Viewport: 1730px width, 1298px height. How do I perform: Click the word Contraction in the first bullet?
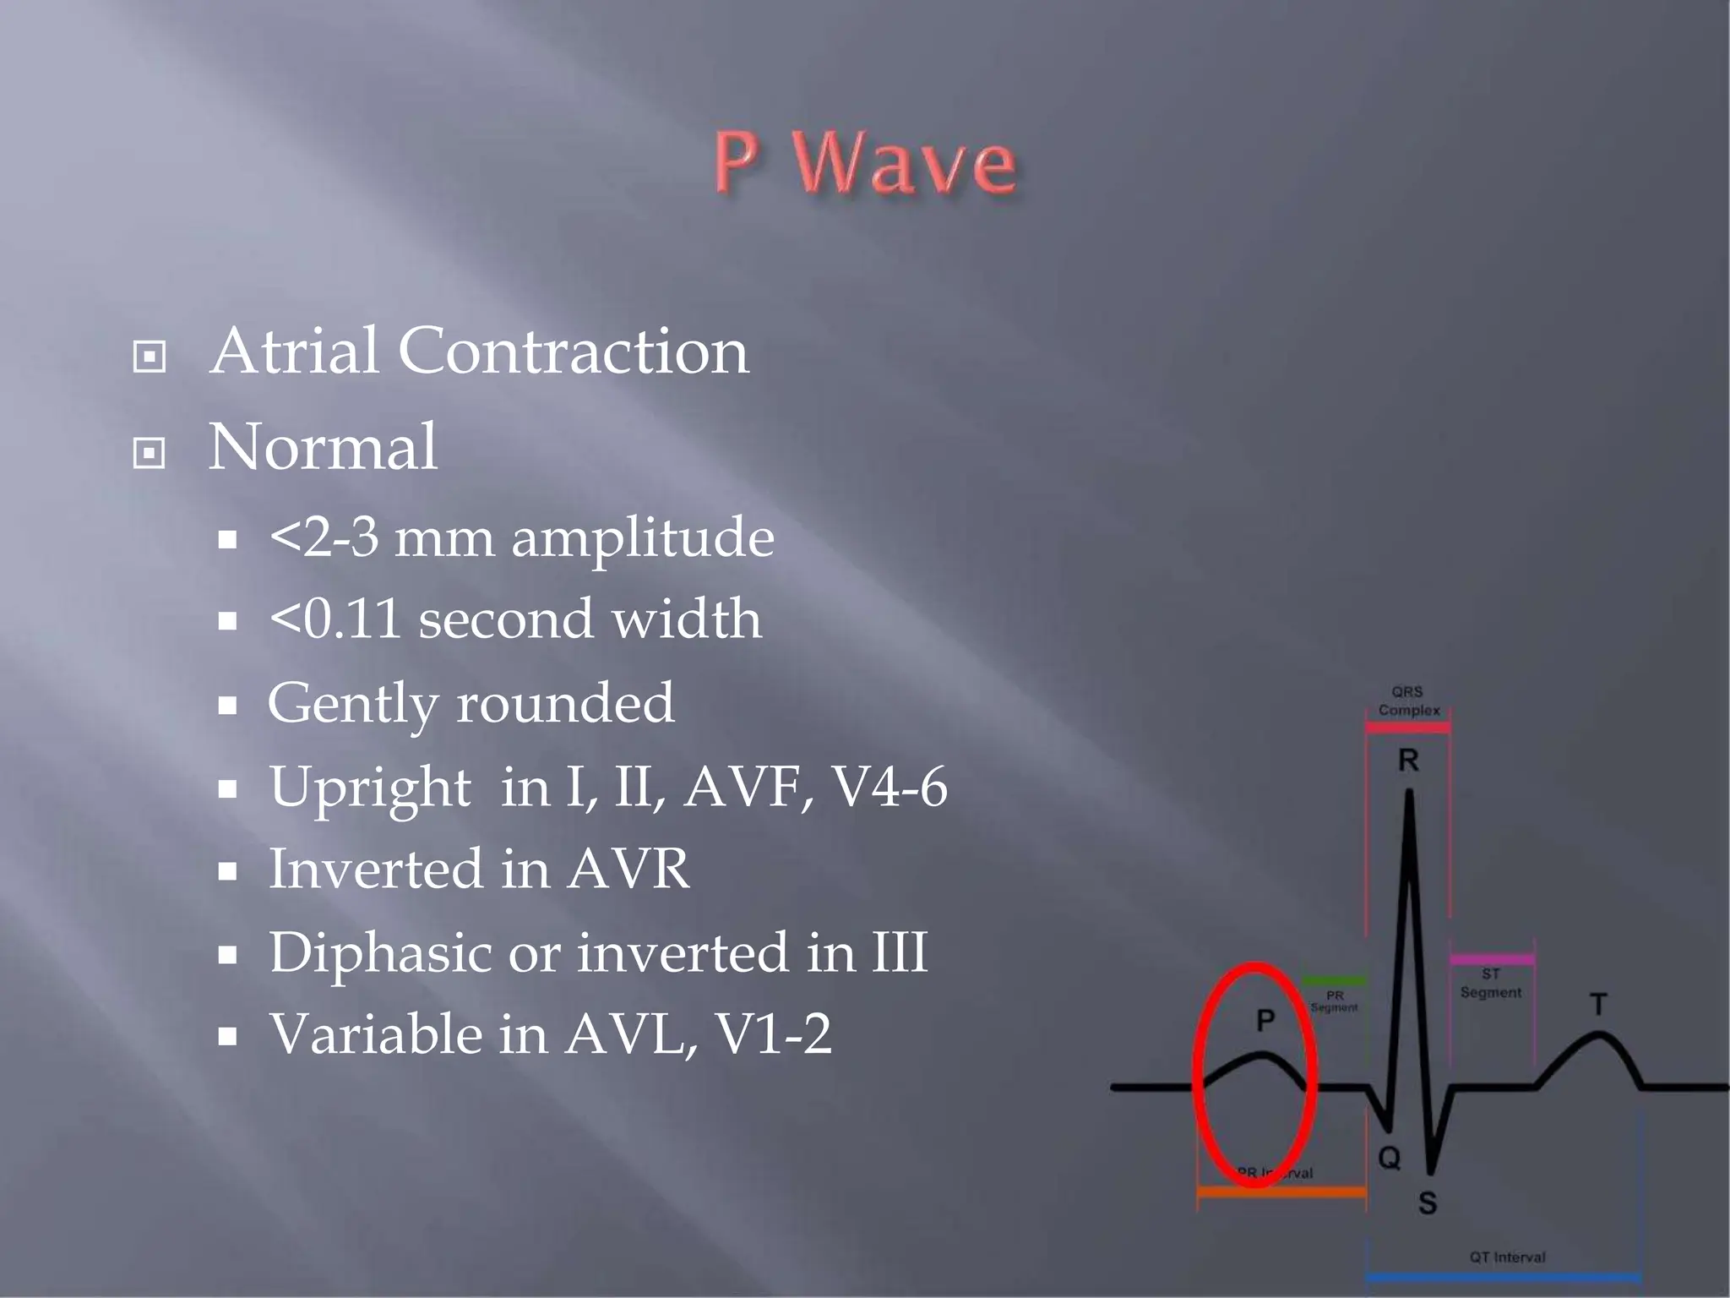click(573, 351)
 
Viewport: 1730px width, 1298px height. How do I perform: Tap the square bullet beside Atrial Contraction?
click(150, 357)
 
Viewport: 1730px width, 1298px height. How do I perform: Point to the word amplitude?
click(643, 537)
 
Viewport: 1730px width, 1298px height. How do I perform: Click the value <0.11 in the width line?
click(335, 619)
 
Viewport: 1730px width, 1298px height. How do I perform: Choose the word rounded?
click(565, 702)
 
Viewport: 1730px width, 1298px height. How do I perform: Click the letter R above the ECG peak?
click(1408, 761)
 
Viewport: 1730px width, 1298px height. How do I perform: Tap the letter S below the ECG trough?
click(1427, 1203)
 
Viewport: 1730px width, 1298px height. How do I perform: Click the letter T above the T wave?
click(1598, 1005)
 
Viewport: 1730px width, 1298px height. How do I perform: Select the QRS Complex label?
click(1408, 701)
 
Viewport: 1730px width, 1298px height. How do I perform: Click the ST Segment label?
click(1491, 984)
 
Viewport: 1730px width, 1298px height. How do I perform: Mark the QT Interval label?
click(1507, 1257)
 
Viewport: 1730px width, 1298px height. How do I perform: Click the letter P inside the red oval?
click(1265, 1020)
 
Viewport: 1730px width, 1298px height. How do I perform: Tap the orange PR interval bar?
click(1281, 1192)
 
